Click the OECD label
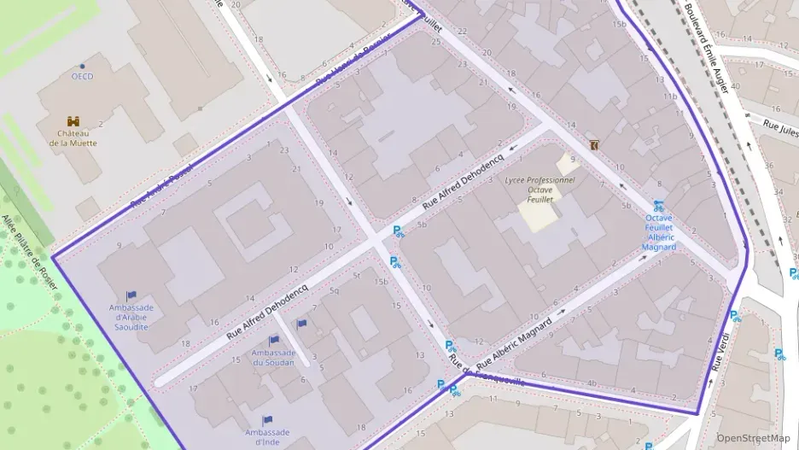pyautogui.click(x=82, y=77)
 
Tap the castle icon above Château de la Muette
pyautogui.click(x=73, y=122)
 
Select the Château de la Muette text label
pyautogui.click(x=73, y=138)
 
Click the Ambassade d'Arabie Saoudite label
pyautogui.click(x=131, y=317)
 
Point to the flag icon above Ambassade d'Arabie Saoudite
pyautogui.click(x=131, y=296)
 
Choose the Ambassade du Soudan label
pyautogui.click(x=273, y=357)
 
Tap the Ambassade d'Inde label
pyautogui.click(x=266, y=437)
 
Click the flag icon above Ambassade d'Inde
pyautogui.click(x=266, y=420)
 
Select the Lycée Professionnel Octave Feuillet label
pyautogui.click(x=539, y=190)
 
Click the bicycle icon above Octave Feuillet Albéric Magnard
pyautogui.click(x=658, y=206)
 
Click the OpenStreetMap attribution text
pyautogui.click(x=753, y=438)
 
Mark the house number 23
pyautogui.click(x=283, y=150)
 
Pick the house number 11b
pyautogui.click(x=671, y=96)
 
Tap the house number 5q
pyautogui.click(x=334, y=291)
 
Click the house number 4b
pyautogui.click(x=592, y=383)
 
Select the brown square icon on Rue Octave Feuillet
pyautogui.click(x=593, y=145)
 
